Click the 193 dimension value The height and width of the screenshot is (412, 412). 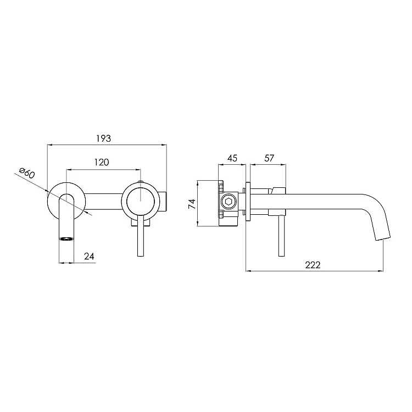click(x=103, y=138)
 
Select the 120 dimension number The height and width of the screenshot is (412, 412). click(x=102, y=162)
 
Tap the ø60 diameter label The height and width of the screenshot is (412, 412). click(x=27, y=172)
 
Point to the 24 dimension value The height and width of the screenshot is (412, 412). click(x=89, y=256)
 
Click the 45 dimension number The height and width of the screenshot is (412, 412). click(x=232, y=158)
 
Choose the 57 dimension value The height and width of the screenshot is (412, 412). click(x=269, y=158)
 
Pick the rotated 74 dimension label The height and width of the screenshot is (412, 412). click(x=192, y=204)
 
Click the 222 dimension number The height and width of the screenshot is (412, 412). click(x=313, y=265)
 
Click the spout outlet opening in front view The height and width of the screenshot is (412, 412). click(x=66, y=238)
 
